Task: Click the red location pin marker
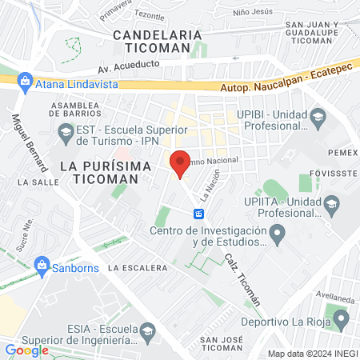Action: [180, 162]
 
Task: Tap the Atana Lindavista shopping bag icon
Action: [26, 82]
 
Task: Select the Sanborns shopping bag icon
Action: [42, 265]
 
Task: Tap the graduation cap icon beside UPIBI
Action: [318, 120]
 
